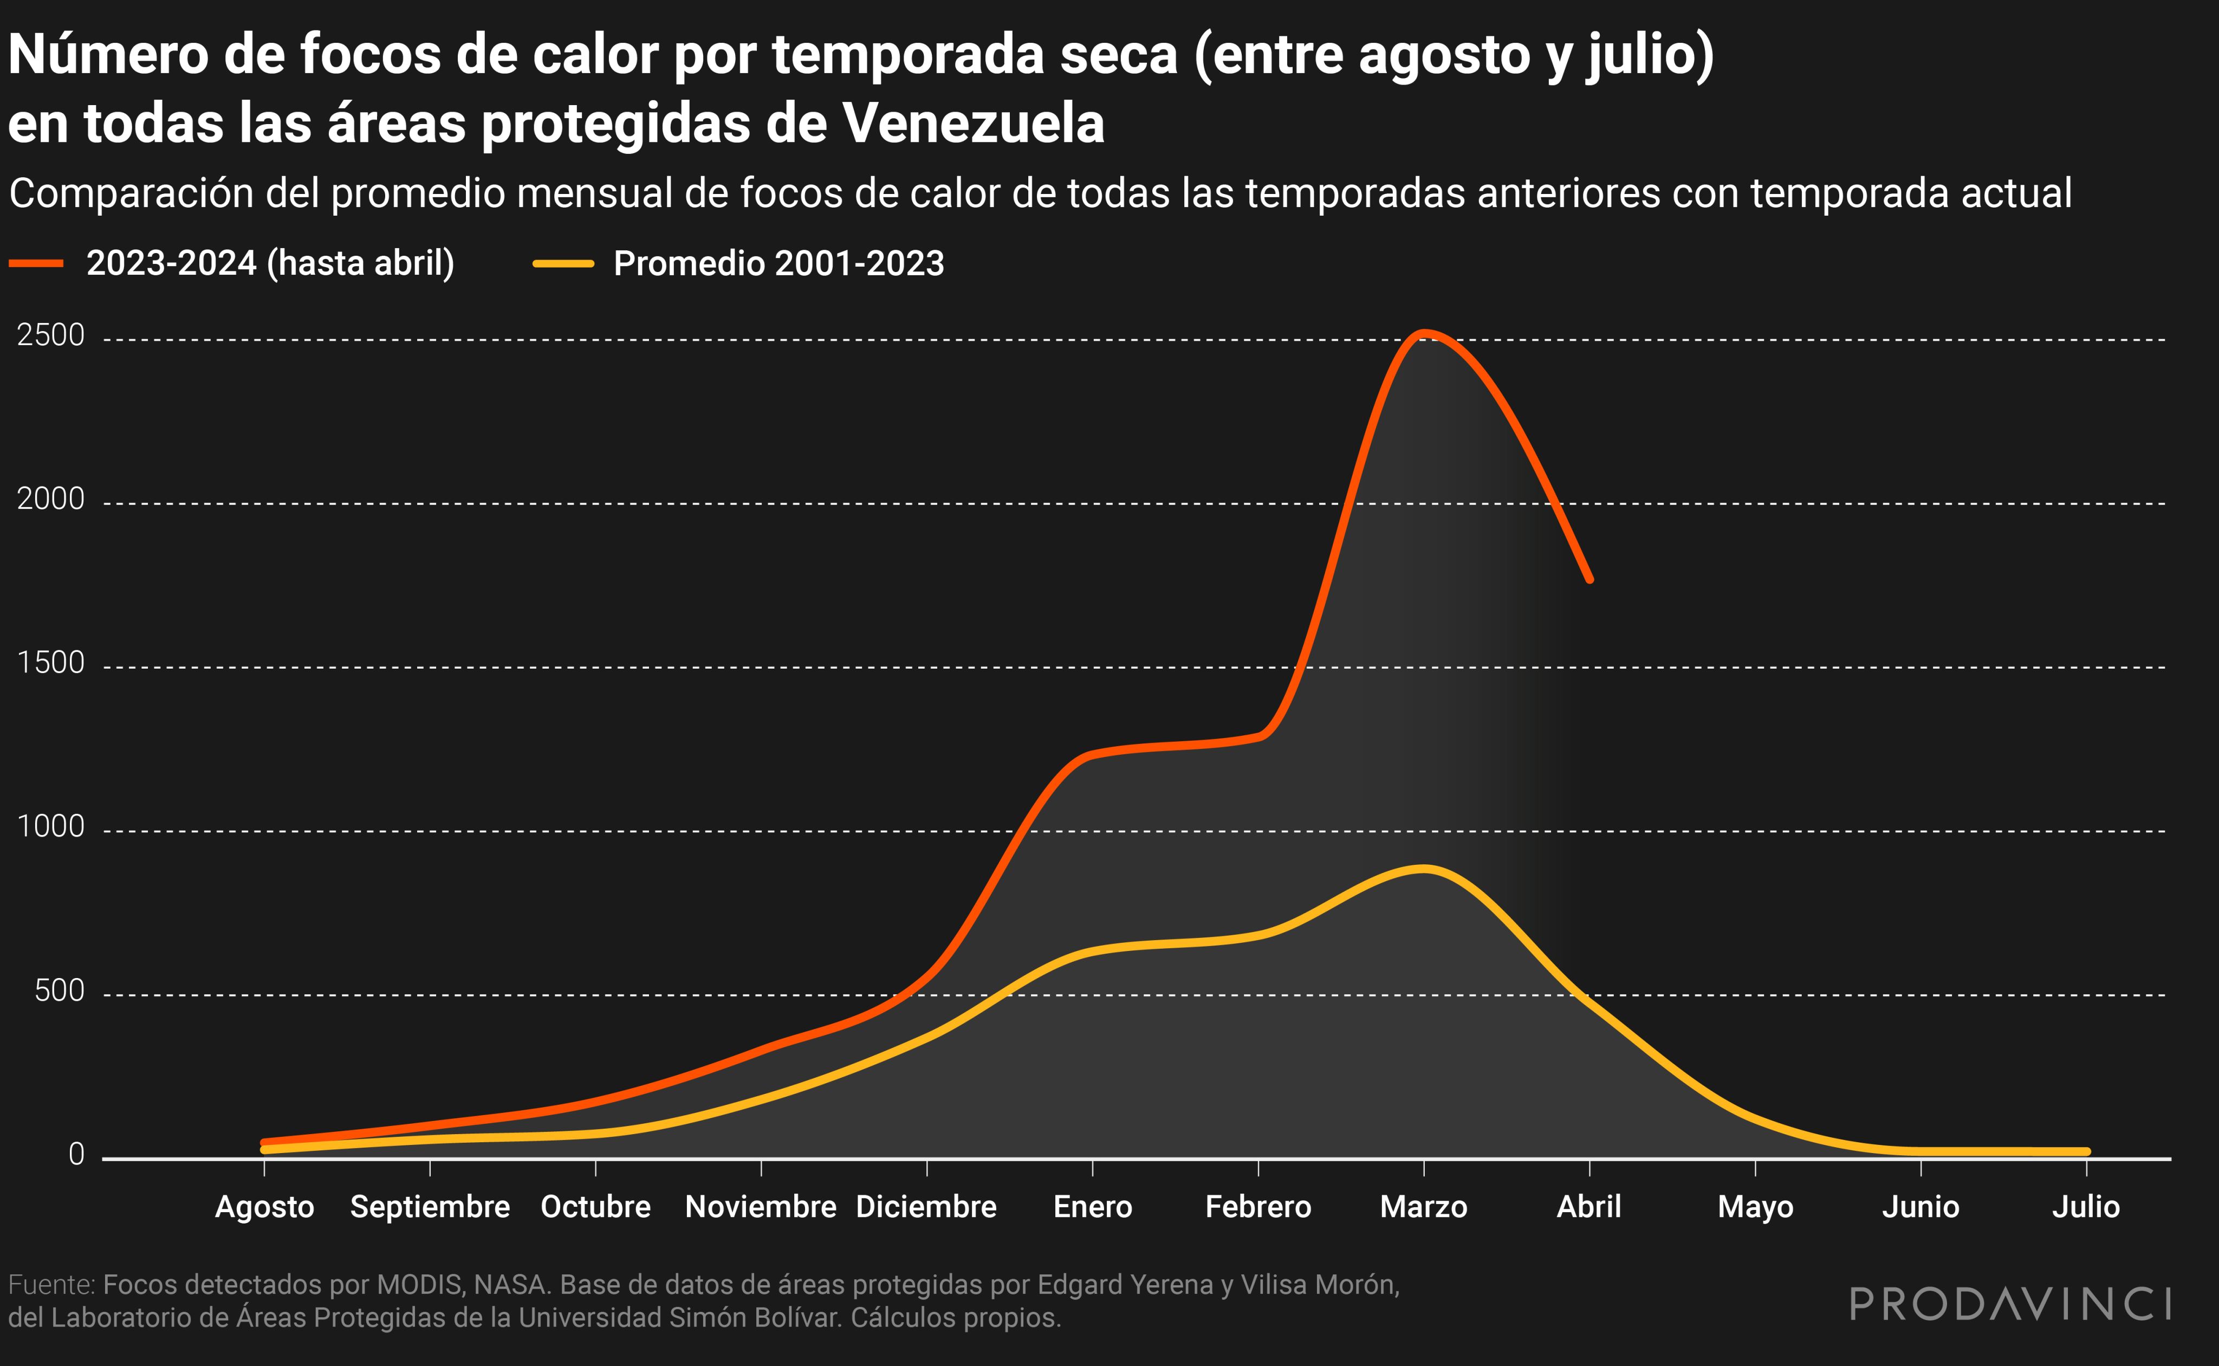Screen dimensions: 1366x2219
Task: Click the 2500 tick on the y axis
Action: (x=50, y=335)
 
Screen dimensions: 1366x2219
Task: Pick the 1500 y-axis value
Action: (x=50, y=663)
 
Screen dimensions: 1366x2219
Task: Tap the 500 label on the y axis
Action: (x=60, y=991)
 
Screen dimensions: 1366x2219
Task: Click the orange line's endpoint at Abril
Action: (x=1589, y=579)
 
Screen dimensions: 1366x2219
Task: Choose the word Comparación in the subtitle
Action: (x=164, y=193)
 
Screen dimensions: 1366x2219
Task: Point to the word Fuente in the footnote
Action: (x=50, y=1285)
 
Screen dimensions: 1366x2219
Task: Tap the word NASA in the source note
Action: (x=512, y=1285)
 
